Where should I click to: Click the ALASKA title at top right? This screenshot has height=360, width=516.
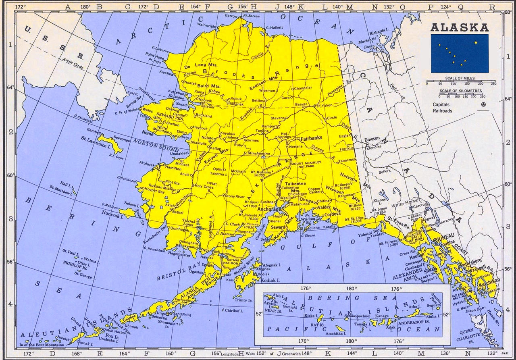coord(459,27)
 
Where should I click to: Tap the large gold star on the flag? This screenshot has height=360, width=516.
coord(476,42)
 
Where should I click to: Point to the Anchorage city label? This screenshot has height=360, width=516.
coord(268,210)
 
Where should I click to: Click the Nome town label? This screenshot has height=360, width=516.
coord(148,132)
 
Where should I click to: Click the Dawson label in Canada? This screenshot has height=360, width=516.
coord(372,139)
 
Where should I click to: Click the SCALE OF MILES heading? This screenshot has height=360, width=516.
coord(460,78)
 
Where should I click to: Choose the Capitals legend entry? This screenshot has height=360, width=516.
coord(441,104)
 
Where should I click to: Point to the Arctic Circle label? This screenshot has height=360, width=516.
coord(73,64)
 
